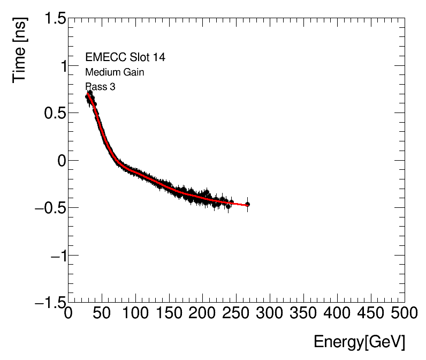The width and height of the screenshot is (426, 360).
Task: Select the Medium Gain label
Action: pos(115,72)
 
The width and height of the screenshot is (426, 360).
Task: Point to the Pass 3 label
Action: pos(100,87)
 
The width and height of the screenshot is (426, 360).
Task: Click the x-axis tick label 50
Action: pos(102,313)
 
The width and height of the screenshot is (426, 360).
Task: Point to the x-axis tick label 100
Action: pos(135,313)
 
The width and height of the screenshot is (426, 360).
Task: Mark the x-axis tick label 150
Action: pos(169,313)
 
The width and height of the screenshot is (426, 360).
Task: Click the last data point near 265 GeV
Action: pos(247,204)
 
